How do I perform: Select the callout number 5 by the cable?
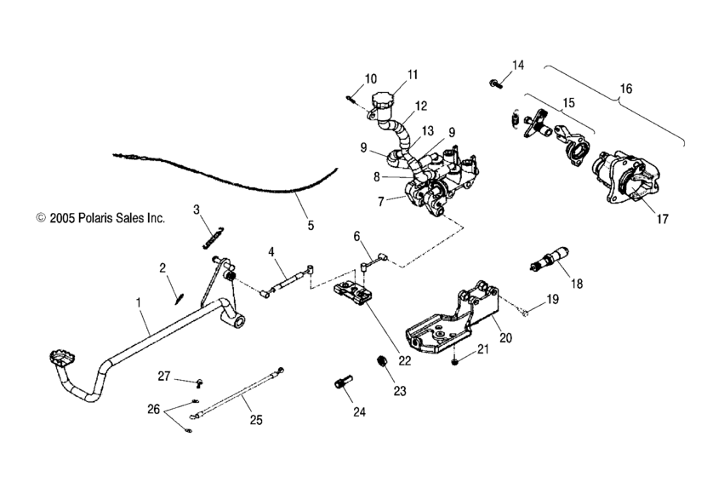(x=310, y=226)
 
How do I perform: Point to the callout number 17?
(x=662, y=218)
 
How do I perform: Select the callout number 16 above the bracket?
(x=625, y=89)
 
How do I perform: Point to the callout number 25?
(x=254, y=420)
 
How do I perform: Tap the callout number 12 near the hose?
(x=419, y=107)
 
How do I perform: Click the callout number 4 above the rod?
(x=271, y=252)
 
